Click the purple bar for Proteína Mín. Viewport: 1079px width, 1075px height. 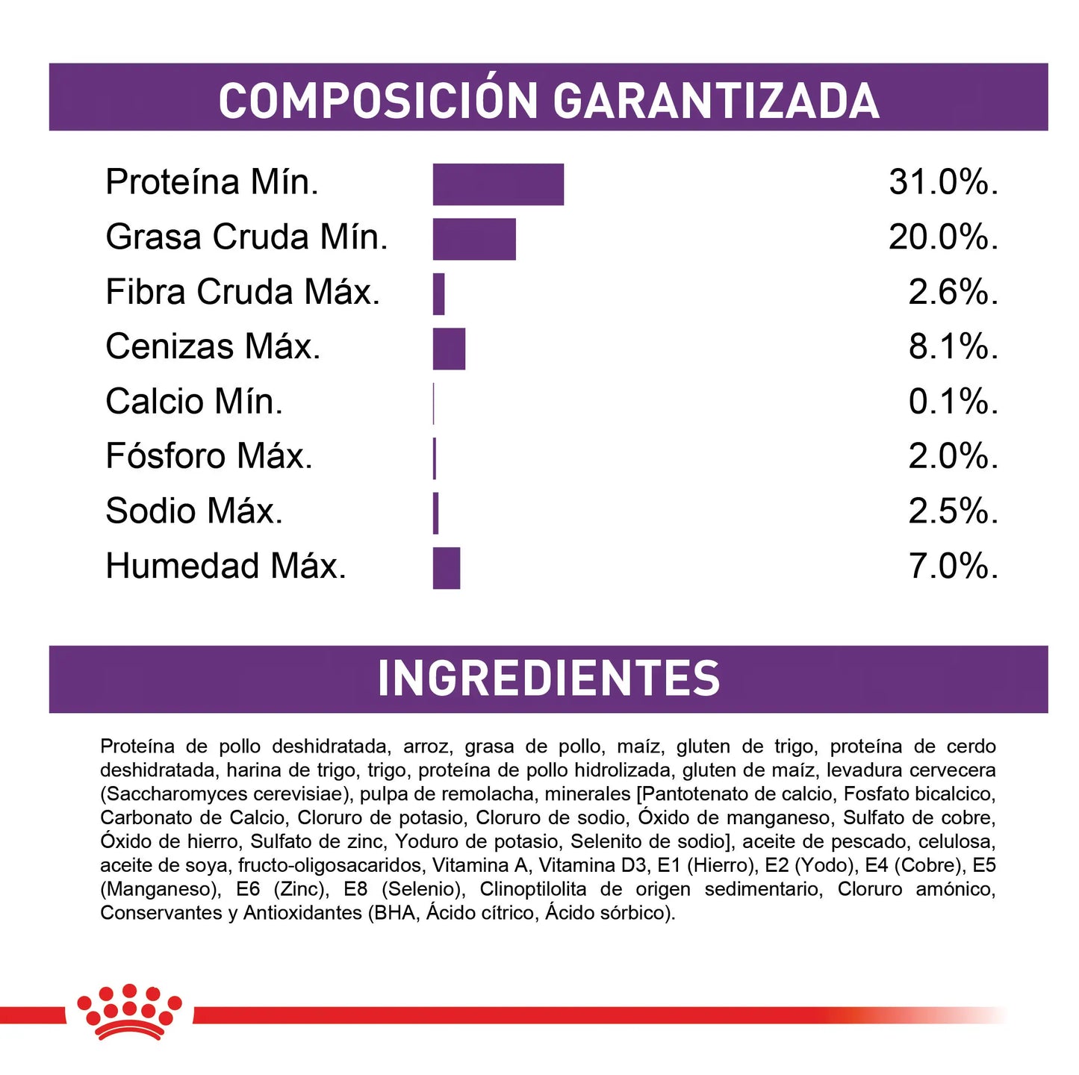(x=498, y=184)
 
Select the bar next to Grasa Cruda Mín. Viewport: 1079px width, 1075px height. (x=474, y=239)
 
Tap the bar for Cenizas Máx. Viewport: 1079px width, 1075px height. (x=449, y=349)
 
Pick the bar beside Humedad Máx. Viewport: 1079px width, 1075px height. (x=447, y=568)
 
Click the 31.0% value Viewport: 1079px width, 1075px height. (x=943, y=183)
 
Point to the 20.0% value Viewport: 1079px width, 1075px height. (x=943, y=237)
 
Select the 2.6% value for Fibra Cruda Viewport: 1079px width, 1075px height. (x=953, y=293)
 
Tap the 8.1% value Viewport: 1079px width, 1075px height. (x=953, y=347)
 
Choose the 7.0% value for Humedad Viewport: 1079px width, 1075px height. (x=953, y=567)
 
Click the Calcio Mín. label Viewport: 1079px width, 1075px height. (x=194, y=402)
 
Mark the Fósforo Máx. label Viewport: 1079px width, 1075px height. (x=209, y=457)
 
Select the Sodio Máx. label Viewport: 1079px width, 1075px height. (x=194, y=512)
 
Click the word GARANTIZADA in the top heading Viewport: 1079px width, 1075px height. (x=715, y=101)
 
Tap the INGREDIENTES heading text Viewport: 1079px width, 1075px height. (x=548, y=679)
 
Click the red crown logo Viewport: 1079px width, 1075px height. (x=129, y=1012)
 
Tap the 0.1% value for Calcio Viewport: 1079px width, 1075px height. (x=953, y=402)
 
